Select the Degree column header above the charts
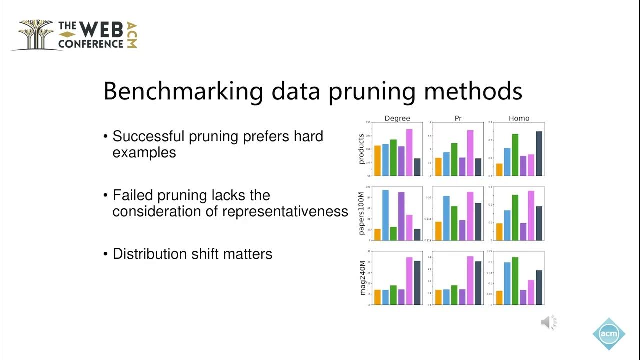tap(397, 118)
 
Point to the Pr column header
tap(458, 118)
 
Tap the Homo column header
tap(519, 118)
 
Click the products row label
tap(362, 149)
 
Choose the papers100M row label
tap(362, 213)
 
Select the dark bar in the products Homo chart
tap(539, 153)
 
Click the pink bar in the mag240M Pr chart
tap(470, 280)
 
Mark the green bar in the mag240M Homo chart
tap(515, 281)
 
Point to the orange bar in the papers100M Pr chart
tap(438, 231)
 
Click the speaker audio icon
tap(548, 323)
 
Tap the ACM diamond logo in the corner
tap(608, 334)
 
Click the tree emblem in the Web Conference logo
tap(35, 34)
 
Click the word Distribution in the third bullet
tap(150, 254)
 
